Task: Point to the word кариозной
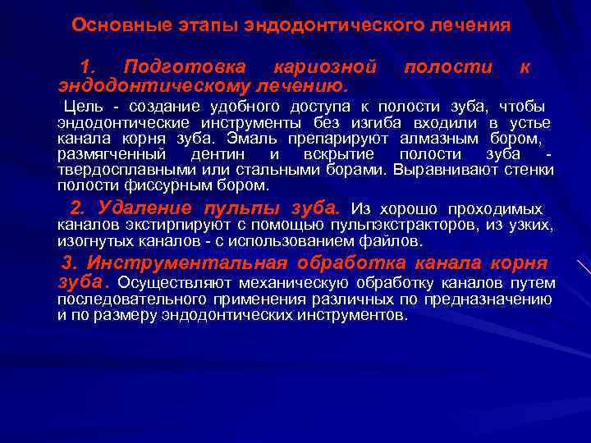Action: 325,66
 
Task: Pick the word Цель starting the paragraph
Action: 83,107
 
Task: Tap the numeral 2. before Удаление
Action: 78,208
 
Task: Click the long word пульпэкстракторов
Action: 382,225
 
